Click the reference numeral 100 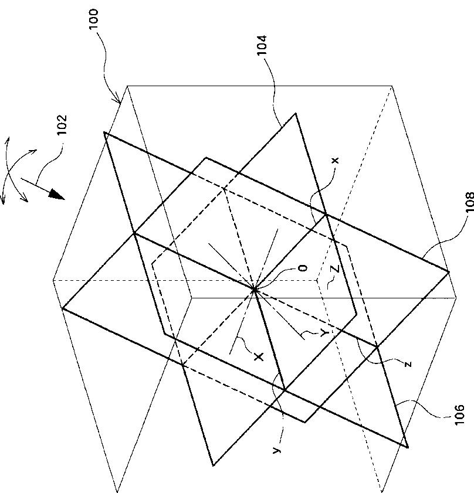94,19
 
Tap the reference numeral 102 62,125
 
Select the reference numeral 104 262,45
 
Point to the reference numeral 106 459,415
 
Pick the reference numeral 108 469,202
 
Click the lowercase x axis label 336,161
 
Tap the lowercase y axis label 276,451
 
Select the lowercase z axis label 408,365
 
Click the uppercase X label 259,356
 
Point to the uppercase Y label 324,333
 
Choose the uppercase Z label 335,269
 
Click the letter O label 303,268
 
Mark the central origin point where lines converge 254,289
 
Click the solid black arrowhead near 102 57,194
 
